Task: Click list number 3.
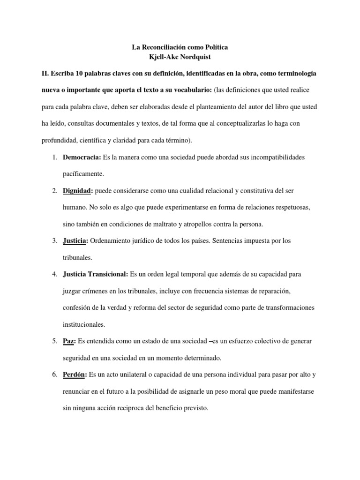tap(54, 241)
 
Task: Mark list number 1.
tap(54, 157)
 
